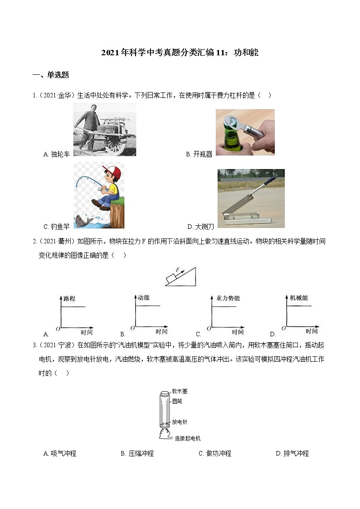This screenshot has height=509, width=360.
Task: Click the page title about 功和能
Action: (x=180, y=53)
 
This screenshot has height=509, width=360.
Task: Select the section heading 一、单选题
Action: (x=51, y=75)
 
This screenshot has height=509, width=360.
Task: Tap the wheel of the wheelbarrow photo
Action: (x=116, y=144)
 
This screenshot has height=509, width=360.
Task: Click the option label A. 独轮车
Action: (x=57, y=154)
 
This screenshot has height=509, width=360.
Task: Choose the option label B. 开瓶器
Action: (x=199, y=154)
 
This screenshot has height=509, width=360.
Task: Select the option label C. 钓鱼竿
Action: (x=57, y=226)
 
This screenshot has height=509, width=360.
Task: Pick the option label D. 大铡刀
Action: (x=202, y=226)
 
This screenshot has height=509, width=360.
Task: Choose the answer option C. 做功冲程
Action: (x=215, y=453)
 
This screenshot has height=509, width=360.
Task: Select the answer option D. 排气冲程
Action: (x=292, y=453)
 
